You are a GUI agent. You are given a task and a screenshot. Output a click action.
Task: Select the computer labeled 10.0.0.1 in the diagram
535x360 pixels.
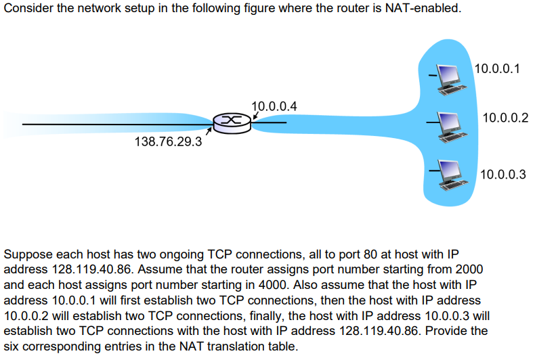(447, 76)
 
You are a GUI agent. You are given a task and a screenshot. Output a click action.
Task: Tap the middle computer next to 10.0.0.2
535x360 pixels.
(447, 126)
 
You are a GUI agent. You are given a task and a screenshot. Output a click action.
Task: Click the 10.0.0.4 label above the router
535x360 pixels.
(274, 107)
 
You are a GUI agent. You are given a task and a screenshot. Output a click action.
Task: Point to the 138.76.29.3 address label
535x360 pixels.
(169, 142)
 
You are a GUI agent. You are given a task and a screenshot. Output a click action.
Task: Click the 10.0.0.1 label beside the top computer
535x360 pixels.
(497, 69)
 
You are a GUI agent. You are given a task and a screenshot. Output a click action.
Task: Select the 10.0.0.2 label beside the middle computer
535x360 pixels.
(505, 118)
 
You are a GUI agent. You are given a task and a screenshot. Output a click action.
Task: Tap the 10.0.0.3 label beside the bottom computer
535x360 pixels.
(502, 175)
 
